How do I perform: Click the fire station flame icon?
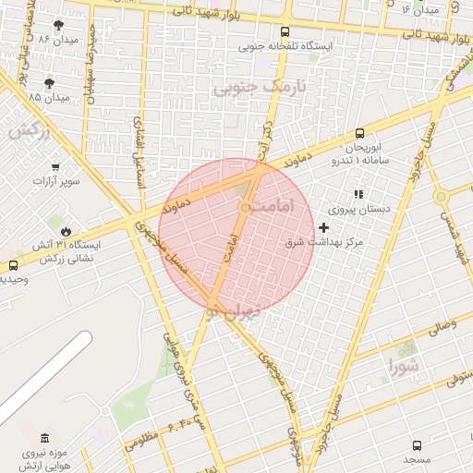coord(65,231)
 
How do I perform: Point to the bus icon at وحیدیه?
coord(13,265)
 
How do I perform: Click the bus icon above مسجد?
coord(416,445)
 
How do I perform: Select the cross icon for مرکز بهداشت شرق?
coord(323,226)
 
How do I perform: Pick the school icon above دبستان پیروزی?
coord(358,194)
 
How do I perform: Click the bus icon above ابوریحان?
coord(359,133)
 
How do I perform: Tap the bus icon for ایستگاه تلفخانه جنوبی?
coord(288,30)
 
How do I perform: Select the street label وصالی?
coord(441,325)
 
